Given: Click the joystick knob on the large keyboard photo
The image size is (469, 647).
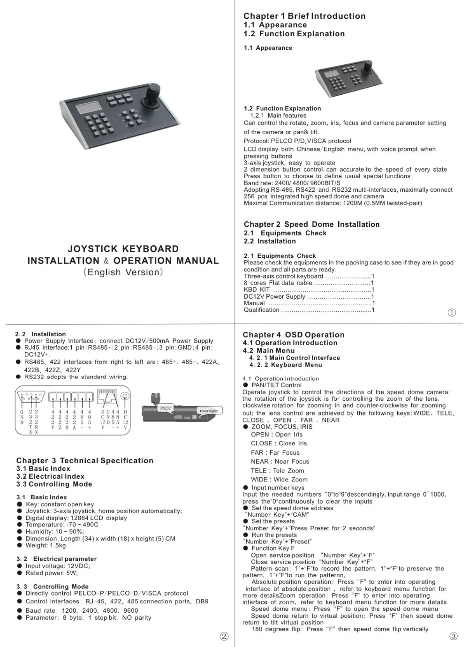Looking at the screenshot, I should [x=154, y=90].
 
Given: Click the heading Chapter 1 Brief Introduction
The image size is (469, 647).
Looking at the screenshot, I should [x=304, y=16].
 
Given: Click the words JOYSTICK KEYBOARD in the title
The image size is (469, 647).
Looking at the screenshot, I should [x=123, y=249].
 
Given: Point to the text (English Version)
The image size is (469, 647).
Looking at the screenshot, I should [x=123, y=272].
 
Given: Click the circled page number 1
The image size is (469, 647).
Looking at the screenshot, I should [x=452, y=313].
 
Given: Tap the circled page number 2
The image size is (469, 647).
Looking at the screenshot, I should [x=224, y=636].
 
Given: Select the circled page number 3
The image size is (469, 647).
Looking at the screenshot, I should [x=453, y=636].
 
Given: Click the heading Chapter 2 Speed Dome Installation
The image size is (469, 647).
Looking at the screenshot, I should [x=311, y=225].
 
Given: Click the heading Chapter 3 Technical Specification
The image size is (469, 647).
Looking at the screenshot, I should [x=85, y=461].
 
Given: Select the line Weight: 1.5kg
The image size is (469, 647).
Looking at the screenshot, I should [x=45, y=545].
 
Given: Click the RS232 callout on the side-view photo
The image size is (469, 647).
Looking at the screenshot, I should [x=166, y=408].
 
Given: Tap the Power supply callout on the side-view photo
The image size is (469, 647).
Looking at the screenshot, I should [x=208, y=411].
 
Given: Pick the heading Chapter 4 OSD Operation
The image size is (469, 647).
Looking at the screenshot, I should [x=294, y=335].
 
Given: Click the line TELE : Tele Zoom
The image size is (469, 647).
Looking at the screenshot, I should [x=277, y=471].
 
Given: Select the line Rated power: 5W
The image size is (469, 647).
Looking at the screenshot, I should [x=52, y=573].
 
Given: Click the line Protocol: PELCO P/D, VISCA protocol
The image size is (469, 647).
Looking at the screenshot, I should [x=297, y=141].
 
